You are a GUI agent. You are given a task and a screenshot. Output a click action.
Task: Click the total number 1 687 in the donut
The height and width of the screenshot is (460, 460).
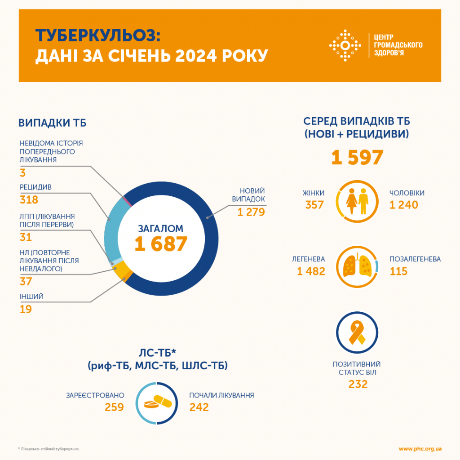click(160, 243)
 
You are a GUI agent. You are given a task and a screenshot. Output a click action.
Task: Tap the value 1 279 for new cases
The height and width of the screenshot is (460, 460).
click(251, 212)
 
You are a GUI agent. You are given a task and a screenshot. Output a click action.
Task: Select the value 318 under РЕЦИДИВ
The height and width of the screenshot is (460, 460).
click(29, 200)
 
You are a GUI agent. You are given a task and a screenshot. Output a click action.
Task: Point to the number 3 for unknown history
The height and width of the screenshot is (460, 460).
click(22, 173)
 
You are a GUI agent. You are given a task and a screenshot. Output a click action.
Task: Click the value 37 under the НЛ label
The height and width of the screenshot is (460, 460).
click(26, 282)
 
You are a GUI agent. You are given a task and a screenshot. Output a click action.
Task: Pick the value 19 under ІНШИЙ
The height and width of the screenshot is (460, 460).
click(26, 309)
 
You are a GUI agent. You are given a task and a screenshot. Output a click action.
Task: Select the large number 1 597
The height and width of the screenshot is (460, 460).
click(357, 158)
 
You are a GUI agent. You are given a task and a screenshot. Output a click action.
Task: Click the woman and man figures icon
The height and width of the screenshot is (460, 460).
click(357, 203)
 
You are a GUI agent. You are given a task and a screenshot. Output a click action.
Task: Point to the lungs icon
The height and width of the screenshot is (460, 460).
click(357, 267)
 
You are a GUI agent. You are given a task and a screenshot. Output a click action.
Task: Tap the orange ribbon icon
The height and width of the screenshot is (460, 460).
click(357, 333)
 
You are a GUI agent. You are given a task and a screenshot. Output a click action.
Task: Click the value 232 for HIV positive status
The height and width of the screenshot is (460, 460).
click(358, 385)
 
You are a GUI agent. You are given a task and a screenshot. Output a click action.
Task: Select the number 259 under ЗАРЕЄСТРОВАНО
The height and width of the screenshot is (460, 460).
click(114, 407)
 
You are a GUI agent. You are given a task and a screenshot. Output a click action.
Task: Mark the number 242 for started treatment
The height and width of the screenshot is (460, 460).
click(199, 407)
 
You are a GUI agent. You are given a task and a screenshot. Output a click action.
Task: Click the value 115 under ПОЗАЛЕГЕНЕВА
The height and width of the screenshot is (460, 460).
click(399, 271)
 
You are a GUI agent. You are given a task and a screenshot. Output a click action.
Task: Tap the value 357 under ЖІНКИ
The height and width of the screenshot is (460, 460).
click(314, 205)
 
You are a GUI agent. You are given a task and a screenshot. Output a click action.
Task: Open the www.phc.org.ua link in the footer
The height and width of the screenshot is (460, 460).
click(420, 449)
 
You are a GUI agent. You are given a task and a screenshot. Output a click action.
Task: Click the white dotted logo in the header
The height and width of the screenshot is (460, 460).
click(345, 45)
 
